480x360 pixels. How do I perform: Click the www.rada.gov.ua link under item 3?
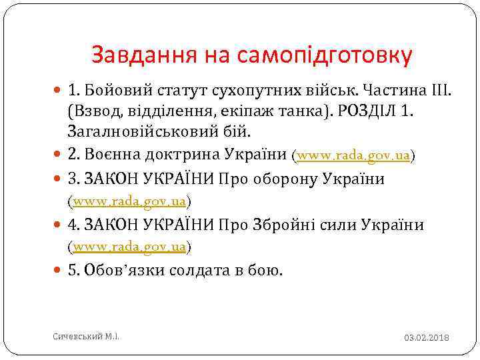[x=129, y=201]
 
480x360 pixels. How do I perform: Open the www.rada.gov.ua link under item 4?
[x=129, y=247]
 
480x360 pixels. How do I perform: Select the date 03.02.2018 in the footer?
[x=427, y=338]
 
